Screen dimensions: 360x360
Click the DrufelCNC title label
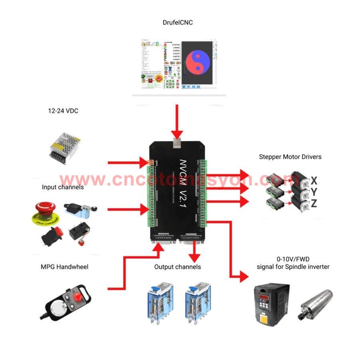tap(177, 22)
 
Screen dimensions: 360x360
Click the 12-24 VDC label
tap(63, 111)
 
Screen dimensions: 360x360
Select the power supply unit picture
tap(64, 149)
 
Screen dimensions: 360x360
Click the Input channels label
tap(63, 187)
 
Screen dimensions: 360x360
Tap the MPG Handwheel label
tap(64, 267)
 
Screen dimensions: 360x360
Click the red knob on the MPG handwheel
tap(76, 297)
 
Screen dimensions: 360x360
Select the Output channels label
tap(177, 267)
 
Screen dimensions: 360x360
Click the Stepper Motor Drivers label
tap(290, 157)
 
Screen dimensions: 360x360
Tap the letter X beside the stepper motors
tap(314, 180)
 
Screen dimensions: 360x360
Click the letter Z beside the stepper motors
tap(314, 204)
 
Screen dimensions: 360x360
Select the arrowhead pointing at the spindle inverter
tap(244, 277)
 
